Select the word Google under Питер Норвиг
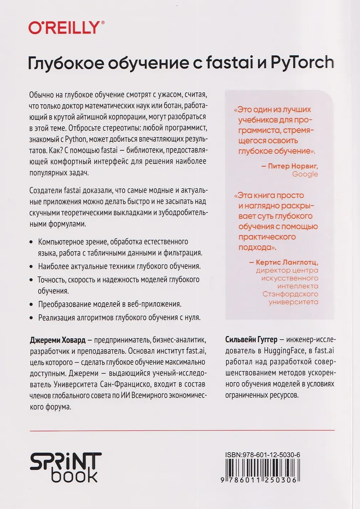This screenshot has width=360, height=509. [305, 174]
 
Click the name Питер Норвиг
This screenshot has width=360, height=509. [293, 166]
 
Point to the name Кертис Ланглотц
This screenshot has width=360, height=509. [287, 262]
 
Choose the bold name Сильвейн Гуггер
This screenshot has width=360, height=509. [251, 339]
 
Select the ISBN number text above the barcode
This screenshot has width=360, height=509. [262, 455]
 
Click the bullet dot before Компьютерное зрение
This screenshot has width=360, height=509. [31, 242]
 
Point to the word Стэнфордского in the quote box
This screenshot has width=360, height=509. [290, 294]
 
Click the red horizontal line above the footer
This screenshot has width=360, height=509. [182, 431]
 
